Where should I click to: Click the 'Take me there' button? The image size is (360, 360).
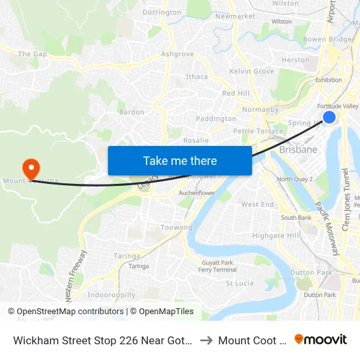(x=180, y=160)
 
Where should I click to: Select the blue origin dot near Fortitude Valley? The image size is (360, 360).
(x=329, y=117)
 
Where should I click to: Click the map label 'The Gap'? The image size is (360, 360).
(x=32, y=54)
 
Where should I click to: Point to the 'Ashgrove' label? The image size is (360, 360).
(x=177, y=54)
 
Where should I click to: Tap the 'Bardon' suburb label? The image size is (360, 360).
(x=132, y=112)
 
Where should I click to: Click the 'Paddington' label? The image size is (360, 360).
(x=216, y=118)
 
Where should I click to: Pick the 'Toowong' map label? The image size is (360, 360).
(x=177, y=228)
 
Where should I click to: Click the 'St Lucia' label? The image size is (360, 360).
(x=240, y=283)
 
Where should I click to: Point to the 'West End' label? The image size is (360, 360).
(x=257, y=204)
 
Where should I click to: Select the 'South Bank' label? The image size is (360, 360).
(x=296, y=217)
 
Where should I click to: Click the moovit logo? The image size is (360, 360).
(x=321, y=339)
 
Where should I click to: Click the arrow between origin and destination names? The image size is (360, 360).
(x=206, y=340)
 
